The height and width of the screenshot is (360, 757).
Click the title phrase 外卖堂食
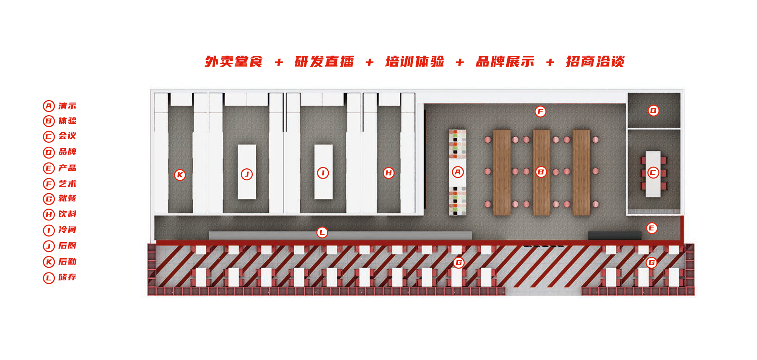(x=233, y=62)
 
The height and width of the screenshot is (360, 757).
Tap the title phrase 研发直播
(x=324, y=62)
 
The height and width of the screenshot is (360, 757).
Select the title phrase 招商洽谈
(x=595, y=62)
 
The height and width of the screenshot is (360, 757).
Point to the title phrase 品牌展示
(x=505, y=62)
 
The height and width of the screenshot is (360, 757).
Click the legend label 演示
(x=67, y=106)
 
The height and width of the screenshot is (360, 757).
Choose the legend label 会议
(x=67, y=136)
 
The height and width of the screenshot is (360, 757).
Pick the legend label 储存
(x=67, y=278)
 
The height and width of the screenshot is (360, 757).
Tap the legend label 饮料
(x=67, y=214)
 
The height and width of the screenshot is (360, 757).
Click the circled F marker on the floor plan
(x=540, y=112)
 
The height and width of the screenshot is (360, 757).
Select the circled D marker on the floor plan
(x=653, y=110)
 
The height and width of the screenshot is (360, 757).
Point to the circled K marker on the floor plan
(x=180, y=175)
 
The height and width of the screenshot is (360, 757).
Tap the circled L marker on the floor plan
(x=322, y=232)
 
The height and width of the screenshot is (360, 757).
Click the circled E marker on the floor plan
(x=652, y=228)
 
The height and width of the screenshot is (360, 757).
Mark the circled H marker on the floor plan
(x=388, y=172)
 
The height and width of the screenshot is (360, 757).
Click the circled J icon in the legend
(x=48, y=246)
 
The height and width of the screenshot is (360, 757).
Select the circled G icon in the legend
(x=48, y=199)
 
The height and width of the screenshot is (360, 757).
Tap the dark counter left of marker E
(x=614, y=236)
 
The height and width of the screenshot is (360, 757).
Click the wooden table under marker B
(x=541, y=193)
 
